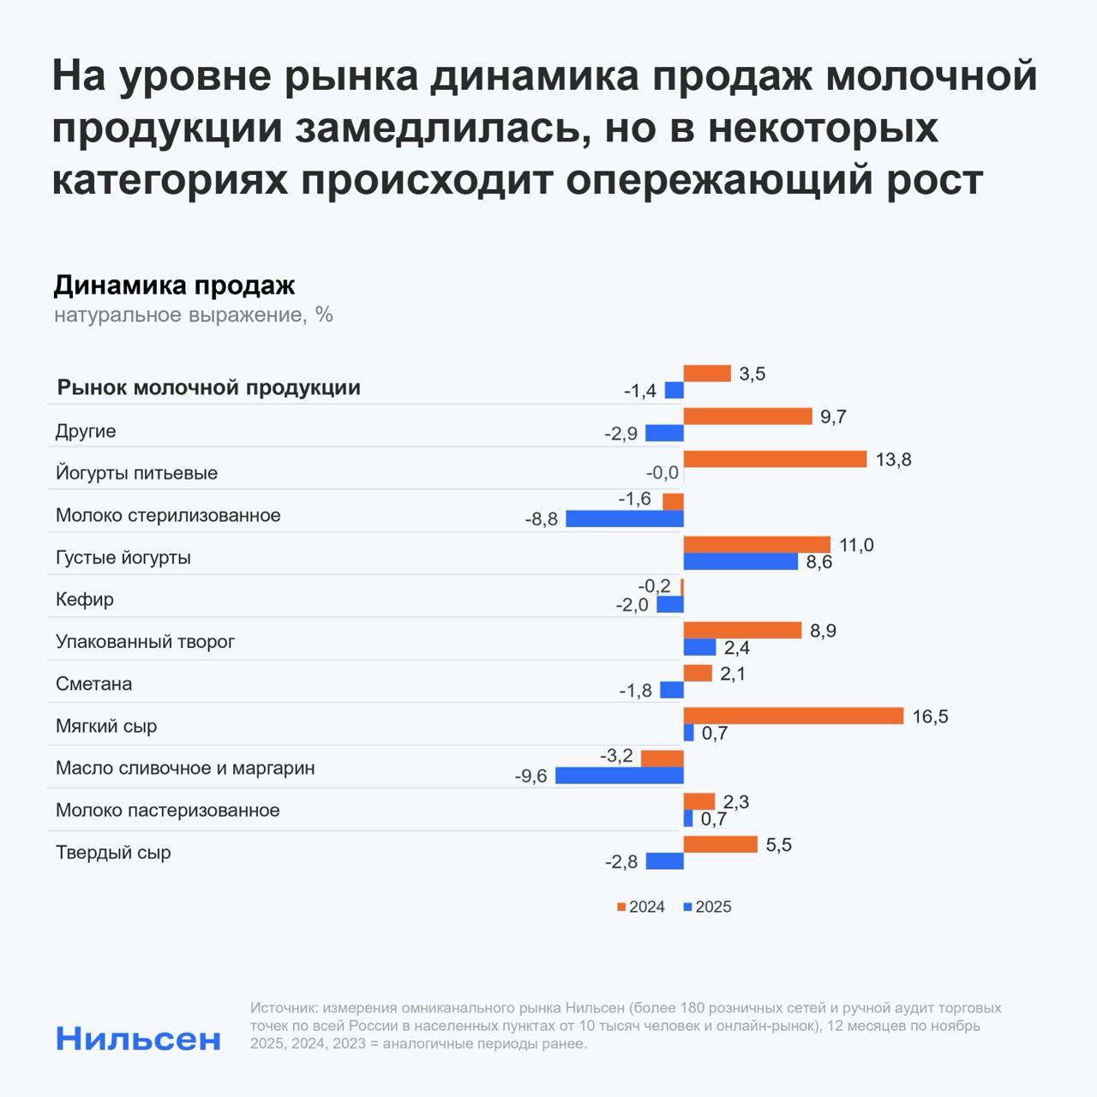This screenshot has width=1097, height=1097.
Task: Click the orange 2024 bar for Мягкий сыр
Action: [793, 716]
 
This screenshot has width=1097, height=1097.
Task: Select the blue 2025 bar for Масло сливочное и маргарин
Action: [619, 776]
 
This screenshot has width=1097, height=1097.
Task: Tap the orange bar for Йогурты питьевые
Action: [775, 459]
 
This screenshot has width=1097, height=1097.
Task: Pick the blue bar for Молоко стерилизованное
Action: [624, 519]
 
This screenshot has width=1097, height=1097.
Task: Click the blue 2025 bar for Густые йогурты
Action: [740, 561]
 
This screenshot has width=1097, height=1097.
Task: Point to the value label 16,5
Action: [930, 716]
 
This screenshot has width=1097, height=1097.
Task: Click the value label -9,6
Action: [531, 776]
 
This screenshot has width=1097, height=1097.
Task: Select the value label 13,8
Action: [893, 459]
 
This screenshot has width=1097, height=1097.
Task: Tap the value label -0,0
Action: [662, 473]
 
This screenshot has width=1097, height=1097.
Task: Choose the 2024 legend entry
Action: [640, 907]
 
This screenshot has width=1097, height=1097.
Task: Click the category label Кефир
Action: [85, 599]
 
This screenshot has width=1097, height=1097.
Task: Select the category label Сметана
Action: [94, 684]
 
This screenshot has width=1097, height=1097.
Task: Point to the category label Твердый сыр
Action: [113, 853]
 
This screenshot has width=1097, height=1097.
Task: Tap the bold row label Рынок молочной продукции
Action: [208, 387]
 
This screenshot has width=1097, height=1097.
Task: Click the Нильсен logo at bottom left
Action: [138, 1039]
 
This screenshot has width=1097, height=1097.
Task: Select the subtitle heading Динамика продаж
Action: [174, 285]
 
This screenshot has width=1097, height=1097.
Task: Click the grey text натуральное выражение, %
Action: [193, 315]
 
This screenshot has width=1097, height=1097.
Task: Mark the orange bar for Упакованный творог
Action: [742, 631]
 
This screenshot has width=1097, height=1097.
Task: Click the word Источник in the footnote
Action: [284, 1008]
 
